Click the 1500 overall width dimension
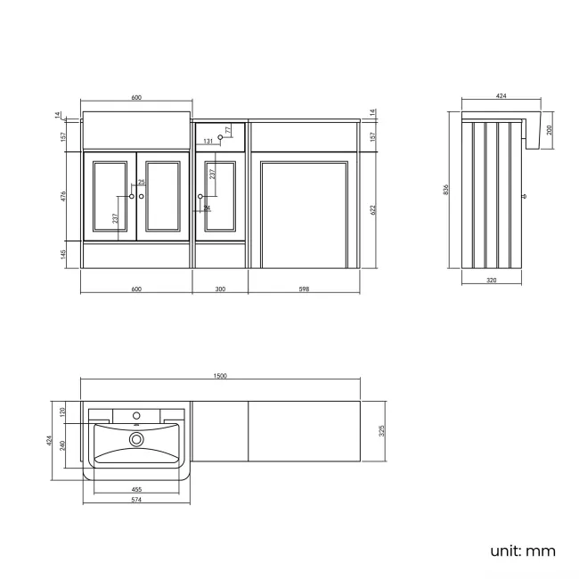pos(220,376)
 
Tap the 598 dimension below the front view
pos(305,289)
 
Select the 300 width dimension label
pos(221,289)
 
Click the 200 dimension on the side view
pos(549,129)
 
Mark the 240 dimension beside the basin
pos(61,444)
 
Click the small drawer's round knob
pos(220,136)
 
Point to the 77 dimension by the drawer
pos(228,130)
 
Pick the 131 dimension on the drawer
pos(208,142)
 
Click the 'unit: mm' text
pos(523,550)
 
